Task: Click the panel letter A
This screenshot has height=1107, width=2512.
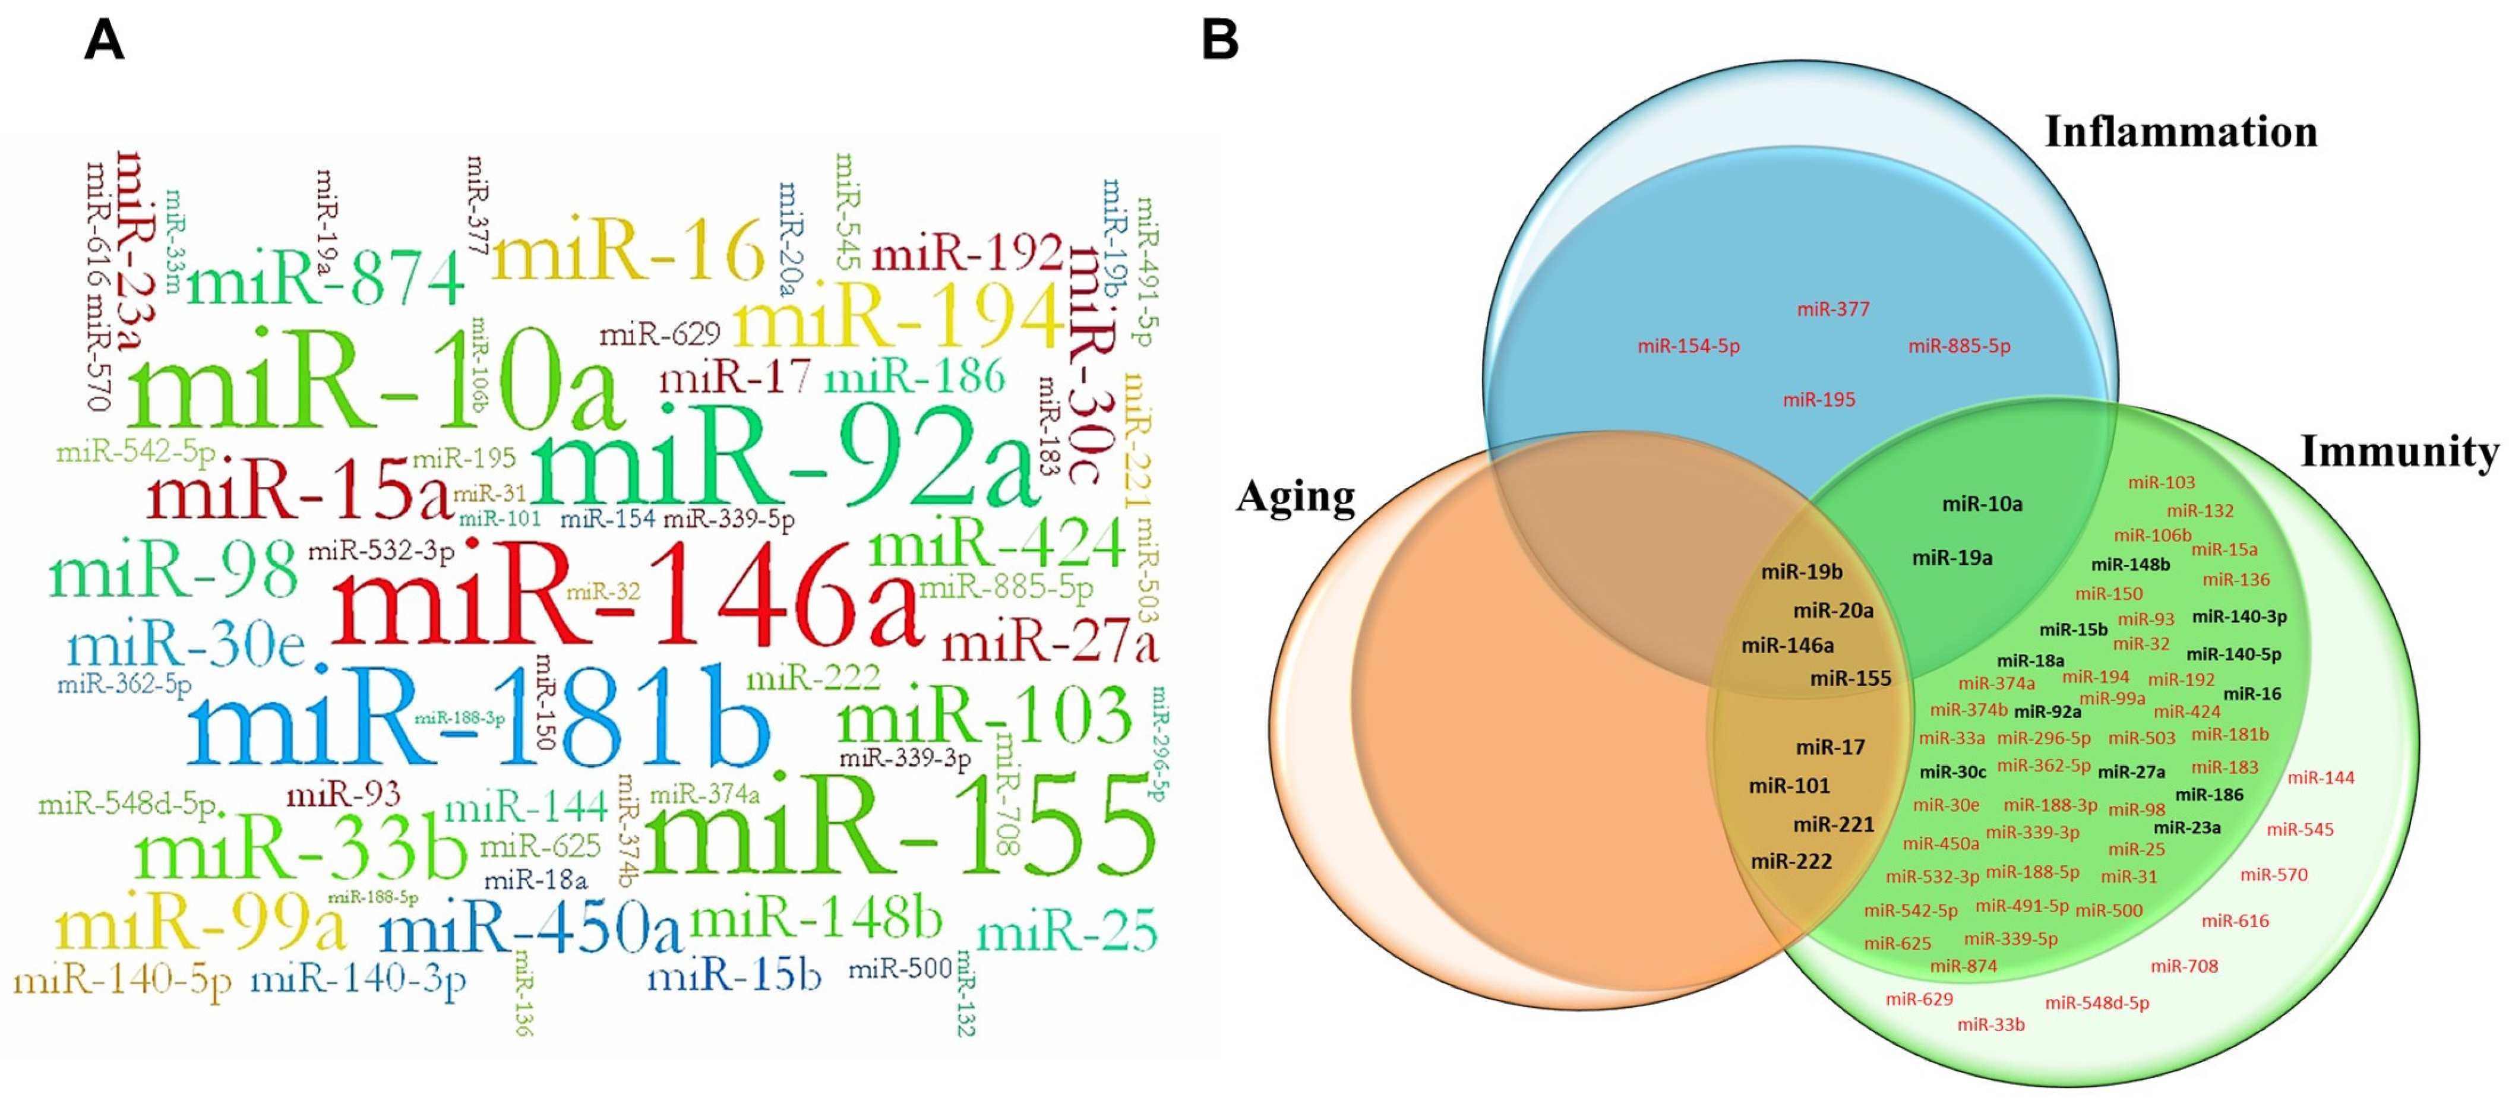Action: point(105,41)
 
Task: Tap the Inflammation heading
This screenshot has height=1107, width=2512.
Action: point(2181,132)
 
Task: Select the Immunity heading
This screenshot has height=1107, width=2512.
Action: point(2400,451)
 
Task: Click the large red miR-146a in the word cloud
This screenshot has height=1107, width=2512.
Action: point(625,595)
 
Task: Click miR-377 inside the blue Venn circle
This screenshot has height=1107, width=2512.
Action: point(1833,310)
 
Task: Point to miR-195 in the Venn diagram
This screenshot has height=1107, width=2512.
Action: point(1819,400)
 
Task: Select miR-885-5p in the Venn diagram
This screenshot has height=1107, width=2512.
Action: point(1959,346)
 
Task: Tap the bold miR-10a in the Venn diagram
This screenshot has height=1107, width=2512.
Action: point(1982,504)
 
